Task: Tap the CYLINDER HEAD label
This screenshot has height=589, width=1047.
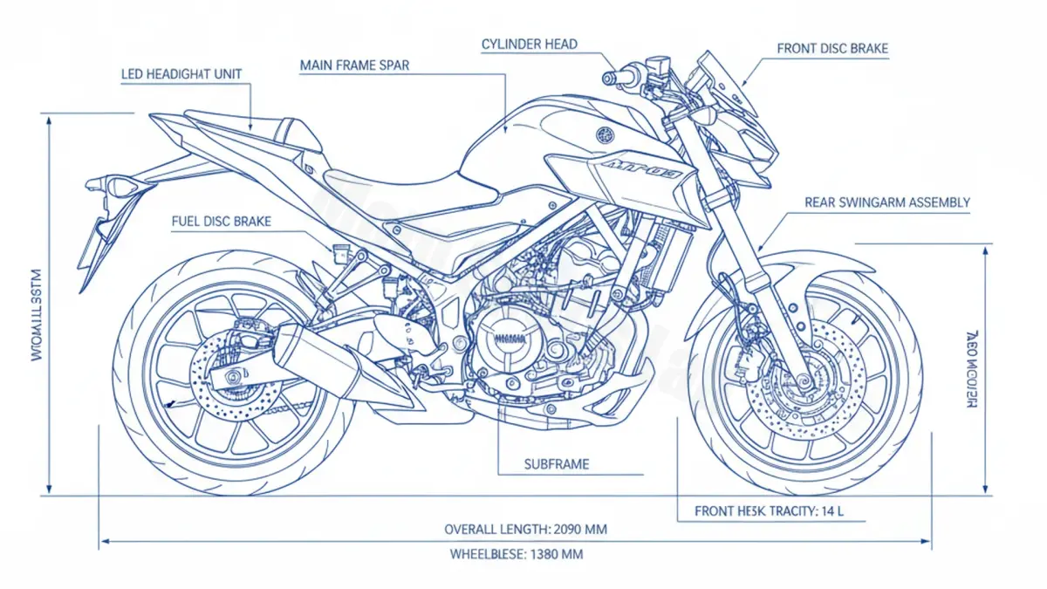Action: [x=529, y=44]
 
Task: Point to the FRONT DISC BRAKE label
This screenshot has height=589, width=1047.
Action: [x=832, y=49]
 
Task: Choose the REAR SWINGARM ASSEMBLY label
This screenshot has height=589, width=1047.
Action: [x=886, y=202]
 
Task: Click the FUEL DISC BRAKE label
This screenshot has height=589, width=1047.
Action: [x=222, y=222]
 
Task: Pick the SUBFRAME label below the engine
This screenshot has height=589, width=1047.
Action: [x=556, y=464]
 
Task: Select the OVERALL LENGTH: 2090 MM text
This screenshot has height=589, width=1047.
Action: [x=525, y=529]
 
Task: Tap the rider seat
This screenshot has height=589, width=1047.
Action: [x=410, y=188]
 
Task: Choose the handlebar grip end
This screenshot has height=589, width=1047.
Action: [x=608, y=78]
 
